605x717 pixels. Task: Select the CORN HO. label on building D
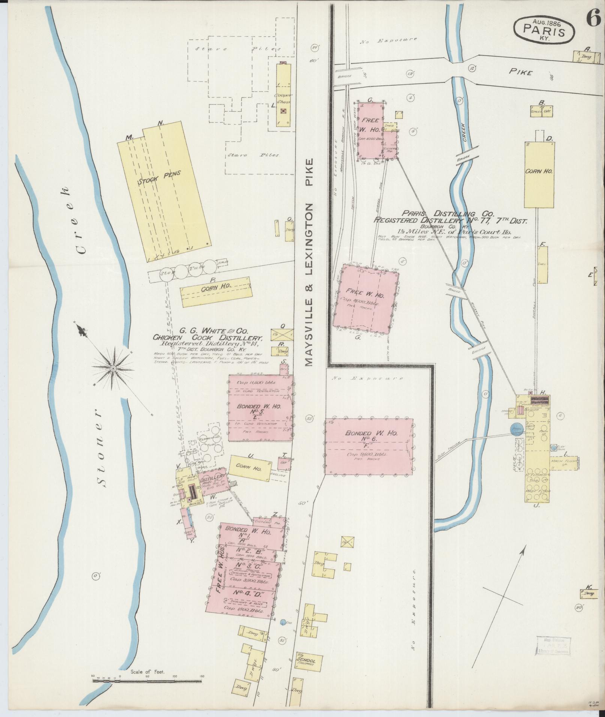[539, 171]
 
